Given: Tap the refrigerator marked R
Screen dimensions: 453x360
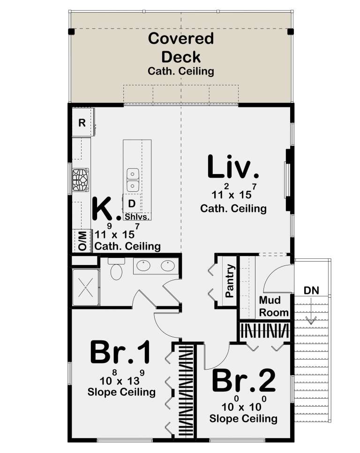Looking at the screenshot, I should coord(82,123).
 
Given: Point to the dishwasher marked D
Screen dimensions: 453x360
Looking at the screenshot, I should coord(132,204).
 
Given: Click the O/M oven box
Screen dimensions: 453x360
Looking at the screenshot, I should coord(82,241).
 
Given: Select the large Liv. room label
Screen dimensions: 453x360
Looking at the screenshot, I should coord(233,168).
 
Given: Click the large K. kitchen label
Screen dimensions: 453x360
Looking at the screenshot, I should coord(105,210).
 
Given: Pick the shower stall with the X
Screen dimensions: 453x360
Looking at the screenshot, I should coord(86,287).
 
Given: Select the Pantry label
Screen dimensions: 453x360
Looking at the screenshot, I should coord(230,281).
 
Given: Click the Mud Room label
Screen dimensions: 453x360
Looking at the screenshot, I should coord(270,306).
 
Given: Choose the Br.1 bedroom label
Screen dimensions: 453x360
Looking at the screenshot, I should coord(120,353).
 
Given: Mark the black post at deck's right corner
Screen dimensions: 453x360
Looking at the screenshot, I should coord(290,32).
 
